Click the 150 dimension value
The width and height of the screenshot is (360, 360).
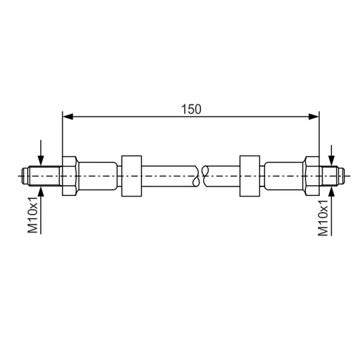pyautogui.click(x=191, y=109)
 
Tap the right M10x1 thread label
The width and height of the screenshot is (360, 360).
pyautogui.click(x=323, y=217)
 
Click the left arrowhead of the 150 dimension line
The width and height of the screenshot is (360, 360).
pyautogui.click(x=68, y=117)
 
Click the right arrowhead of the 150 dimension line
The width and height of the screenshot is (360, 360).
pyautogui.click(x=314, y=117)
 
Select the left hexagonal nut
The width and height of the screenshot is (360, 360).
pyautogui.click(x=69, y=176)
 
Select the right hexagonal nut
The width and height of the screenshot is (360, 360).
pyautogui.click(x=312, y=176)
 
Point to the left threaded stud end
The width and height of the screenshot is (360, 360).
pyautogui.click(x=42, y=176)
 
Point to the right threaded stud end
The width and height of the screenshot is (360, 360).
pyautogui.click(x=332, y=176)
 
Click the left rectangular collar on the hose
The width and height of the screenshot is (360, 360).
pyautogui.click(x=131, y=176)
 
